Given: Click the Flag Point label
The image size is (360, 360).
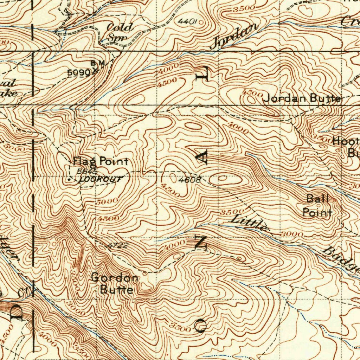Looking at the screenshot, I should pyautogui.click(x=101, y=162).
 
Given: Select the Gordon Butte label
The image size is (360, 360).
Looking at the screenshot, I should pyautogui.click(x=115, y=284).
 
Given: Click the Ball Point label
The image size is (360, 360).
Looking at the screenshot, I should pyautogui.click(x=318, y=206).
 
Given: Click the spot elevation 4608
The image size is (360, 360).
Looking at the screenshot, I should pyautogui.click(x=189, y=180).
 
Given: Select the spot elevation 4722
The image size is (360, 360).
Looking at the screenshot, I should pyautogui.click(x=117, y=246).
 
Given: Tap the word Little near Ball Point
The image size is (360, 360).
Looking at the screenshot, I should pyautogui.click(x=249, y=223).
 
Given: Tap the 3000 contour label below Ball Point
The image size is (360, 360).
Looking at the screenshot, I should pyautogui.click(x=292, y=234).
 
